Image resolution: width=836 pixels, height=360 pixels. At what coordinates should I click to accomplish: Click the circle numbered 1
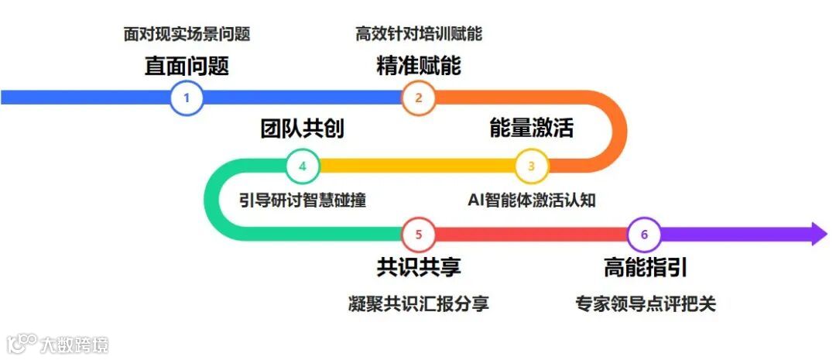(x=187, y=98)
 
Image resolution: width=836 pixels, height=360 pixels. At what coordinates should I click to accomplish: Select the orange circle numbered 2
(x=419, y=98)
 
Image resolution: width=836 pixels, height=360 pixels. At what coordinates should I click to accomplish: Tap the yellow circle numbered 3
(x=532, y=165)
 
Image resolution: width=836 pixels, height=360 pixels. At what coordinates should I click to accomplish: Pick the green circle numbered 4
(x=303, y=165)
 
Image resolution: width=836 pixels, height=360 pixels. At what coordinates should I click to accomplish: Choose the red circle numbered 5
(x=419, y=233)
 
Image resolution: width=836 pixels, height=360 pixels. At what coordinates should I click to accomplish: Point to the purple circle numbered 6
(x=645, y=233)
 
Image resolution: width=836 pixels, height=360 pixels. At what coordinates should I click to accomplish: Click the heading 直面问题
(x=187, y=66)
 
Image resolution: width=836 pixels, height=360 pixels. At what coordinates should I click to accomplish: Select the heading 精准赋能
(x=419, y=66)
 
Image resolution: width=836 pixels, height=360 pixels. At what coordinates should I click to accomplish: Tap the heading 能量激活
(x=532, y=128)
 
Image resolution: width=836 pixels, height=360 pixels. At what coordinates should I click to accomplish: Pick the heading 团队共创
(x=303, y=128)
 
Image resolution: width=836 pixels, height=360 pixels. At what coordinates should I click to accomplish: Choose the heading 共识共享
(x=419, y=268)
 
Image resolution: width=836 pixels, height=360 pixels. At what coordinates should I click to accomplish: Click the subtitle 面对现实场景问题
(x=187, y=34)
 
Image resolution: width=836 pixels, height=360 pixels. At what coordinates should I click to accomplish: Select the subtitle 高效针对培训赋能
(x=419, y=34)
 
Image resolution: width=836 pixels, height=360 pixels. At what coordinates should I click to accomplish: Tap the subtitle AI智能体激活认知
(x=532, y=200)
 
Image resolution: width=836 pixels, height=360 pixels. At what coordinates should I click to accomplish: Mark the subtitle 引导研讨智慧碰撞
(x=303, y=200)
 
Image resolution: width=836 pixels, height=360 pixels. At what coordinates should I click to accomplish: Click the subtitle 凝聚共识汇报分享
(x=419, y=303)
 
